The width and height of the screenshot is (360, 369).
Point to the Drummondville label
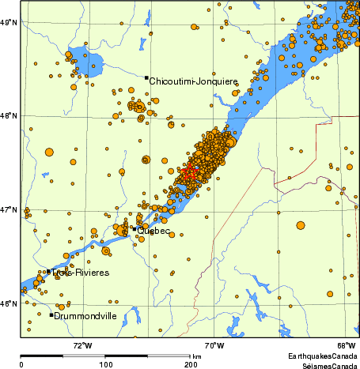85,316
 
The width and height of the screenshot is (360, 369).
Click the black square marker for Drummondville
51,314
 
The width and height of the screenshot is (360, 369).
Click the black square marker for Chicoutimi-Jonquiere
146,77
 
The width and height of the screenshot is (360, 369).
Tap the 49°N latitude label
9,22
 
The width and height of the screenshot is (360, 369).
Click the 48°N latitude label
9,116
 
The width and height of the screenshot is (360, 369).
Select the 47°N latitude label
9,210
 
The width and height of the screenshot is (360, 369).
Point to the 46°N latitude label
9,304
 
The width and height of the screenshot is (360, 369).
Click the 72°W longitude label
82,345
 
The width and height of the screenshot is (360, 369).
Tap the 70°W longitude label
213,345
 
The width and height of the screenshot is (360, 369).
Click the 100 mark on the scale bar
105,364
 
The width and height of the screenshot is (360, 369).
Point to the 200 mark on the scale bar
191,364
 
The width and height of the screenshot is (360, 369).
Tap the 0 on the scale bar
21,364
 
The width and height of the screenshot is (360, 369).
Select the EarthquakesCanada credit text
322,356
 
